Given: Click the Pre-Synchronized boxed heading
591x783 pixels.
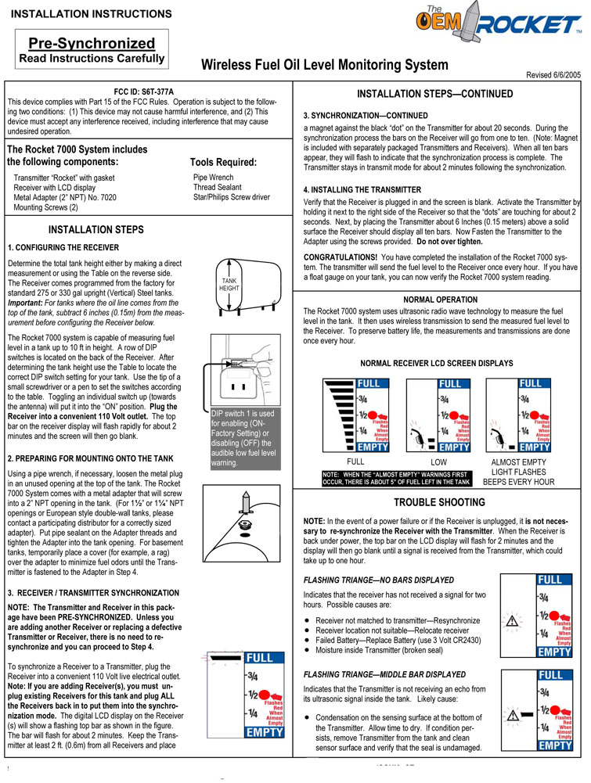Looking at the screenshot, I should (92, 44).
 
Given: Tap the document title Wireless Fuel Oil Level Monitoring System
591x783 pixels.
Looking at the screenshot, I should (325, 66).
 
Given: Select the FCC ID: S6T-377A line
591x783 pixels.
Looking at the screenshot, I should (143, 92).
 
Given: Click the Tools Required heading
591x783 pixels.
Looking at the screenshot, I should (223, 162).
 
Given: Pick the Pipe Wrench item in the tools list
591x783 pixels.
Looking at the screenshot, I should (213, 178).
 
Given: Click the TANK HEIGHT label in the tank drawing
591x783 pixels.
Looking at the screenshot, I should (229, 285).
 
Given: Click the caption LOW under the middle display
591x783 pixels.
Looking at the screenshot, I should (439, 463).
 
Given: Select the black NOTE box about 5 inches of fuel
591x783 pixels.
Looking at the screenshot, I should (397, 478).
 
